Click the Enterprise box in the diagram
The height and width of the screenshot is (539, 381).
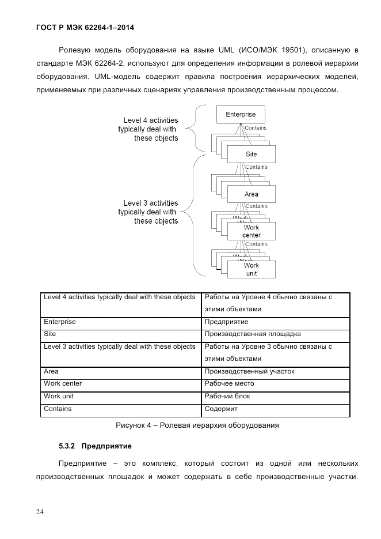(240, 114)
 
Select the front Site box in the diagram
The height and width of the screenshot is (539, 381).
(251, 154)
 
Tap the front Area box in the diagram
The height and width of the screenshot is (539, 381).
(251, 194)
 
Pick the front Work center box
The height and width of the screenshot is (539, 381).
(251, 231)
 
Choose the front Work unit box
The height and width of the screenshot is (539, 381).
(251, 269)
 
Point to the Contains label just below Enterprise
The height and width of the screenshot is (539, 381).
(256, 128)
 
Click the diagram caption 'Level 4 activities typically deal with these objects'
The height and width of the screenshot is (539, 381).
(148, 129)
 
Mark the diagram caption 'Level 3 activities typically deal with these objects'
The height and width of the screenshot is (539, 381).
(148, 212)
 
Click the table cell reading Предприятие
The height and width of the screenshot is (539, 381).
(226, 322)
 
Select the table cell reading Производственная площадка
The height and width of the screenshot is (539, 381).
(252, 334)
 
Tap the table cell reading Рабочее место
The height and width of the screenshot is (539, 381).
(229, 383)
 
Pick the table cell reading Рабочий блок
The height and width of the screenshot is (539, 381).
(227, 396)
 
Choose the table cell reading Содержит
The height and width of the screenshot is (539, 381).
(221, 409)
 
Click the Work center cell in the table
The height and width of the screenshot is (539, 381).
(63, 383)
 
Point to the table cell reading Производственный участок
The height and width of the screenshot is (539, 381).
(249, 371)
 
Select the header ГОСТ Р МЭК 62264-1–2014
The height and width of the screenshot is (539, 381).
(89, 27)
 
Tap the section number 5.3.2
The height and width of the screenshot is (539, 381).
(67, 446)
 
